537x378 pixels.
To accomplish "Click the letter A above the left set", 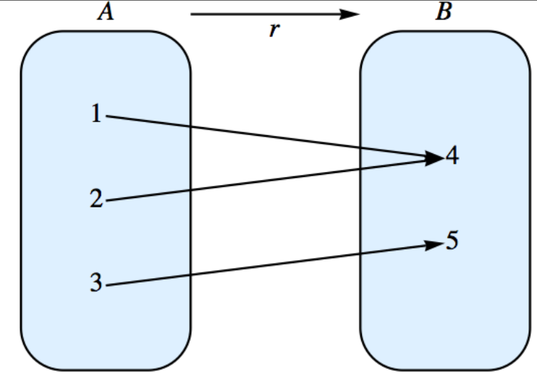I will (106, 13).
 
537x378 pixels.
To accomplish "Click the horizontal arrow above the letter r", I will (268, 14).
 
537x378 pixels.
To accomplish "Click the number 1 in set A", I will (97, 114).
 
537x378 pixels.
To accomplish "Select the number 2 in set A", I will (97, 199).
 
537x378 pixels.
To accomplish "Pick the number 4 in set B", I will (452, 157).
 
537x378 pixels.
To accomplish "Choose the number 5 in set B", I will (452, 241).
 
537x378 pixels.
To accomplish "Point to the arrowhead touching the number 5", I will (434, 245).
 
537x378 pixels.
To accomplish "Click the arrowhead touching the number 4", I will (434, 158).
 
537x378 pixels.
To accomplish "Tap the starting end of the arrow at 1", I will (109, 116).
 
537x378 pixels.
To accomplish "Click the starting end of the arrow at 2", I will (109, 200).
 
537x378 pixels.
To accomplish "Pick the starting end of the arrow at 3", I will (109, 285).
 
